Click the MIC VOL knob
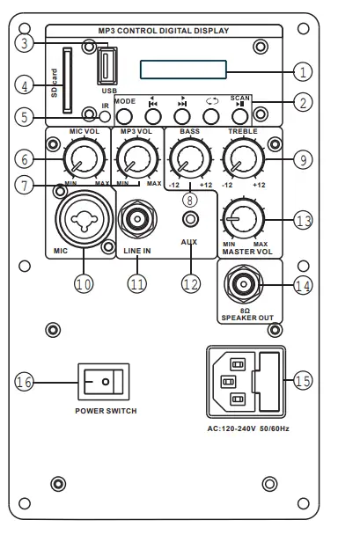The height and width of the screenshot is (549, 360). pyautogui.click(x=83, y=159)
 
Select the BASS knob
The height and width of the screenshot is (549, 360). pyautogui.click(x=185, y=159)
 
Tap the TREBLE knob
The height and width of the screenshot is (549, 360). pyautogui.click(x=239, y=159)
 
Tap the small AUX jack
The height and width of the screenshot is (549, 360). pyautogui.click(x=187, y=219)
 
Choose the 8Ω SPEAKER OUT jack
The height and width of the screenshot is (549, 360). pyautogui.click(x=241, y=285)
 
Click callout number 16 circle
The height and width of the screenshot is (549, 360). pyautogui.click(x=24, y=382)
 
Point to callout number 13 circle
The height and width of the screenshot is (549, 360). pyautogui.click(x=303, y=220)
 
